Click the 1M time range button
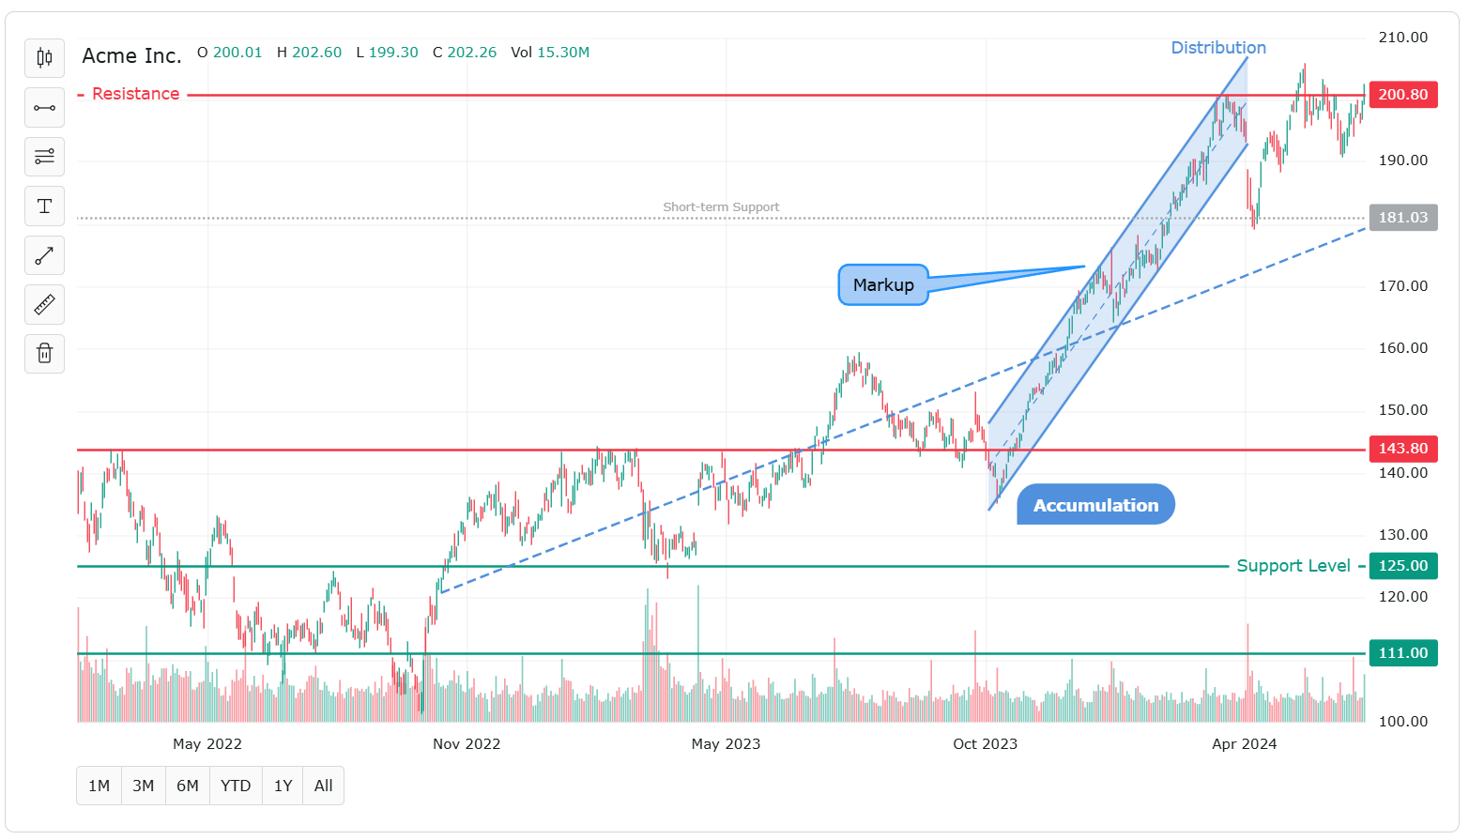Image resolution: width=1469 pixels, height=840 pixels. (x=99, y=786)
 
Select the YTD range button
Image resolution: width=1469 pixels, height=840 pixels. (x=236, y=786)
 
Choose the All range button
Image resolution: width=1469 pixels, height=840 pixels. (x=323, y=786)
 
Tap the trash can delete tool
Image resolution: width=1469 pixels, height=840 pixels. (x=44, y=354)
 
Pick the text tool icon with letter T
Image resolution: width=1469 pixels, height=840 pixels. (x=44, y=206)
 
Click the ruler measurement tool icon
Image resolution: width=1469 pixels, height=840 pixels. (x=44, y=304)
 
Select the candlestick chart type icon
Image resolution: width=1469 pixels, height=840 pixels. (x=44, y=58)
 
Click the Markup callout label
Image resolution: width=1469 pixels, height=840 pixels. (x=882, y=285)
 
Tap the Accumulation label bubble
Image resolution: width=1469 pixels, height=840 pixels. (x=1095, y=505)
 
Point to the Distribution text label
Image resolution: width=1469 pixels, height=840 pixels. (x=1217, y=48)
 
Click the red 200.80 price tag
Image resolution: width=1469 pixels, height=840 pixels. (x=1402, y=95)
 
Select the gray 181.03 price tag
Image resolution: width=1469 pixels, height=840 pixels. (x=1402, y=218)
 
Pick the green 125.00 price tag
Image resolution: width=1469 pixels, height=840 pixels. (x=1402, y=566)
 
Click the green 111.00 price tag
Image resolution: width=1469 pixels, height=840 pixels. (x=1402, y=653)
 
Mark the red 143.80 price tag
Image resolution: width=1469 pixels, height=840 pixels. (x=1402, y=449)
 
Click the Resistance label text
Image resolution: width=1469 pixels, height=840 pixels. (x=135, y=94)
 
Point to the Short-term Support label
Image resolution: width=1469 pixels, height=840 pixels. (x=721, y=207)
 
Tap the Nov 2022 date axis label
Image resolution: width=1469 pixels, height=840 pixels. (x=467, y=744)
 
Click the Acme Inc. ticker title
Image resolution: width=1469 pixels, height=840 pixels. (x=131, y=56)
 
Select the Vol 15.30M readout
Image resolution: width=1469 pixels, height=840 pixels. (x=550, y=53)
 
